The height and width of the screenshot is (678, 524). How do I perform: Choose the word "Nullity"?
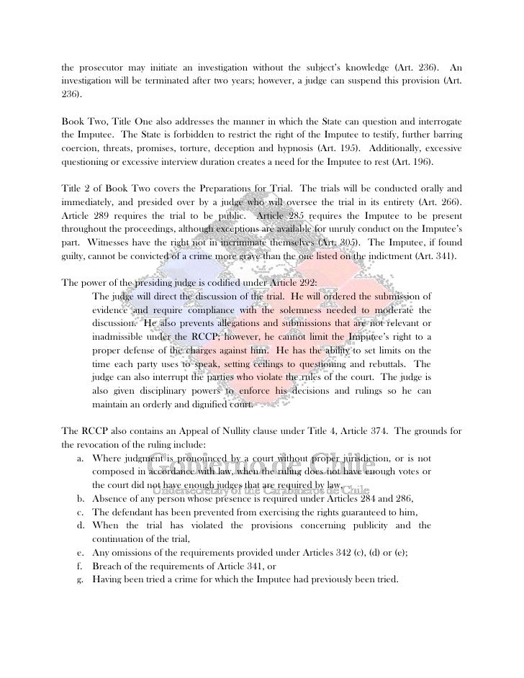(240, 431)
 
